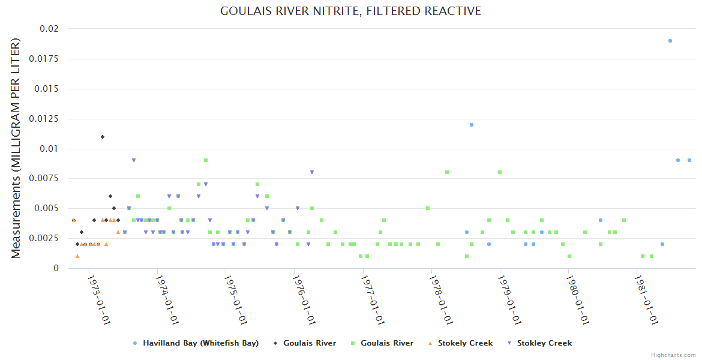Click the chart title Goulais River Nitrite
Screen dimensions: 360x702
pos(350,11)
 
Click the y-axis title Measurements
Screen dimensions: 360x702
pos(16,148)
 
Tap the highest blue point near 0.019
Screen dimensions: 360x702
pos(670,41)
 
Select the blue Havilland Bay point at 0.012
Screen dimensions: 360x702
pos(472,125)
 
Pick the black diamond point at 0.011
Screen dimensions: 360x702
pos(103,137)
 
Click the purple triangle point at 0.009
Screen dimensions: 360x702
pos(134,160)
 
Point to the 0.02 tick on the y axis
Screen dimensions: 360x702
pos(49,29)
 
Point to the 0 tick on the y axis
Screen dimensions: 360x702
pos(56,268)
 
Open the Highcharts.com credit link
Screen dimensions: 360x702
pos(673,355)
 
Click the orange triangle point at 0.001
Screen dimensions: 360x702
pos(77,256)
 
